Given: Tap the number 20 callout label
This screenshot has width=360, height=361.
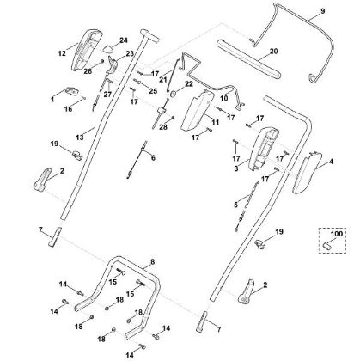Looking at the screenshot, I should (x=274, y=52).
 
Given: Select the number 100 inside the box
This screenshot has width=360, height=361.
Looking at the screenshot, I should (x=333, y=233).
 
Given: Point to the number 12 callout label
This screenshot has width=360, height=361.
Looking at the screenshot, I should (x=62, y=53).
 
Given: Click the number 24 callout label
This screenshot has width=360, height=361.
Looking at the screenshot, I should (x=124, y=40).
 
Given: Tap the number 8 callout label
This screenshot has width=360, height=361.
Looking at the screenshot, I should (x=152, y=260).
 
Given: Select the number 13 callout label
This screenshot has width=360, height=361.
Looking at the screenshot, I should (x=79, y=136).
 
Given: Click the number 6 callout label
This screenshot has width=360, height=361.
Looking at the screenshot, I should (x=151, y=158).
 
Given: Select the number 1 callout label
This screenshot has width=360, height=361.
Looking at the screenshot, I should (x=51, y=100).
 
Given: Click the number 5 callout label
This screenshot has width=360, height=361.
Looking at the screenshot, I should (x=235, y=205).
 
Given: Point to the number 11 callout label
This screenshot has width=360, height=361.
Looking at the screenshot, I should (x=216, y=122).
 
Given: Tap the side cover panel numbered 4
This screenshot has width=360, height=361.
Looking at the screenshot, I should (x=307, y=173).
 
